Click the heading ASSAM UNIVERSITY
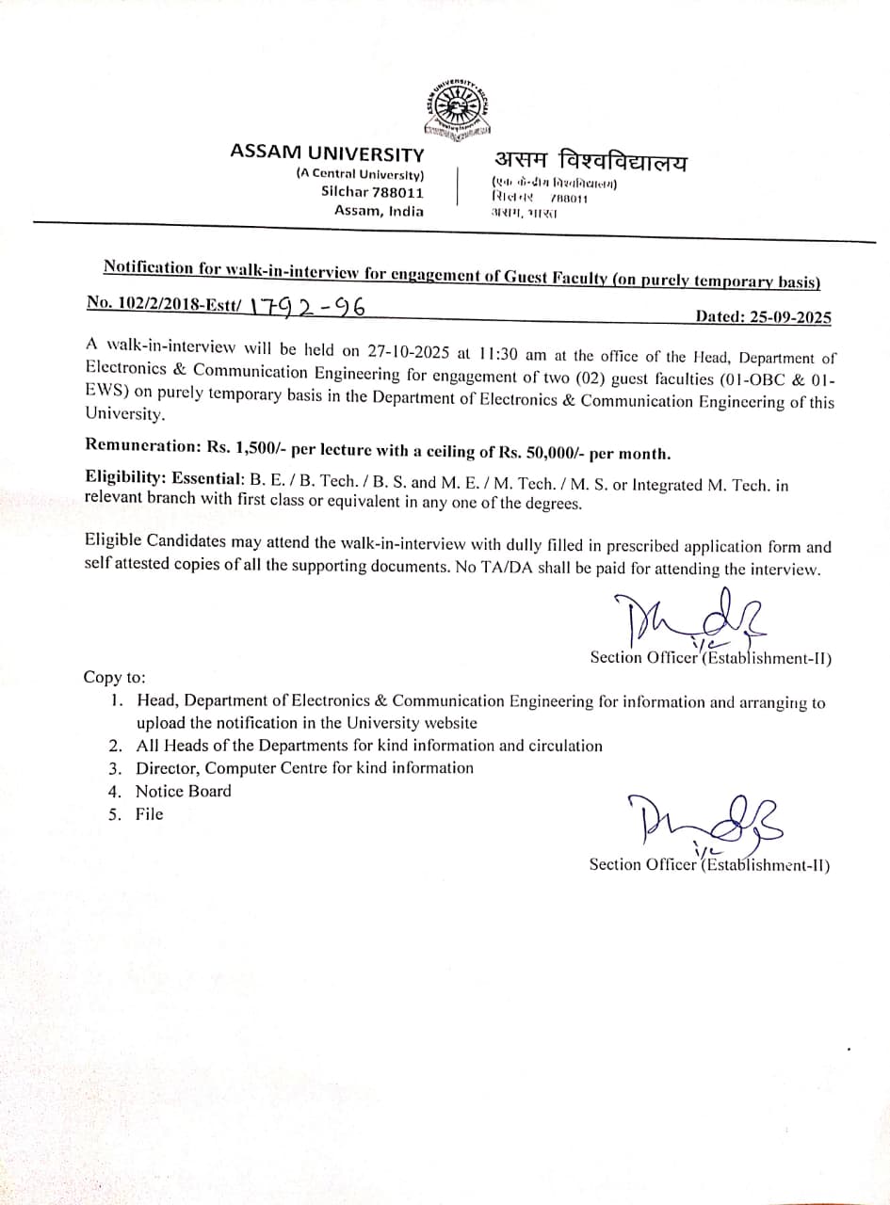(327, 153)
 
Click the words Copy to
(114, 678)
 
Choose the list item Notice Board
(183, 792)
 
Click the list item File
(149, 814)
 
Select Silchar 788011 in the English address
(372, 191)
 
